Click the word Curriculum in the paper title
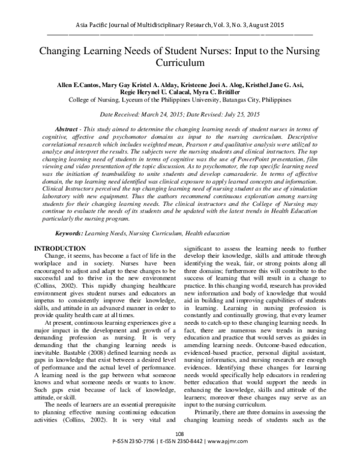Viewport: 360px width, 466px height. click(180, 62)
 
